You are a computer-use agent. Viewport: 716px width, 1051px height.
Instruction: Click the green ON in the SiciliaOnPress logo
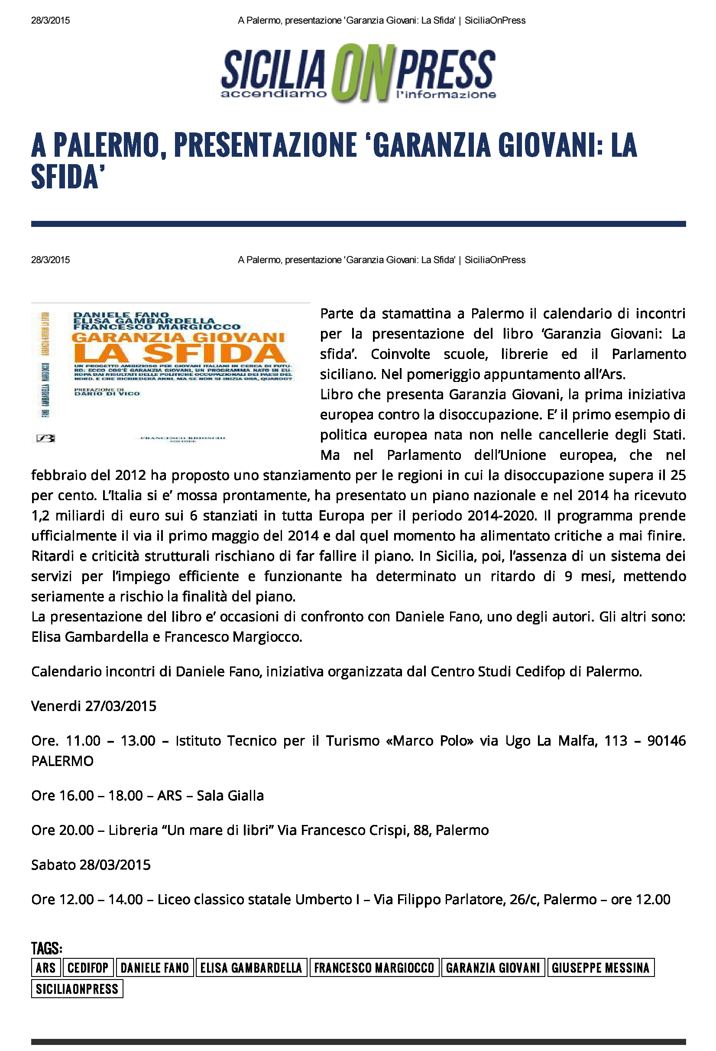(360, 72)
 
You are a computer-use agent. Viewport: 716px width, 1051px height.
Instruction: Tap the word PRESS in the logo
(446, 70)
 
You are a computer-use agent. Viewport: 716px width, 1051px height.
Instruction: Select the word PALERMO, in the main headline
(110, 145)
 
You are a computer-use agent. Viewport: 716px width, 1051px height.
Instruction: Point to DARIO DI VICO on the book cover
(107, 394)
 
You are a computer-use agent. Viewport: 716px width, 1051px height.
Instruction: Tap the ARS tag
(45, 967)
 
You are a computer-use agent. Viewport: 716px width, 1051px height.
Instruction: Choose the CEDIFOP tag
(88, 967)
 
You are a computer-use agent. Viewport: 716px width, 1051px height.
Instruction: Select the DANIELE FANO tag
(155, 967)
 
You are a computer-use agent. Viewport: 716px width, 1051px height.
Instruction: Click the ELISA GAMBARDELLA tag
(251, 967)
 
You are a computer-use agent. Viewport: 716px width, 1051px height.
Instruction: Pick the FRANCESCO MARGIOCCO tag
(374, 967)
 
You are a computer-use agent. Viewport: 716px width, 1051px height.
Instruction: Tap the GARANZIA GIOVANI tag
(492, 967)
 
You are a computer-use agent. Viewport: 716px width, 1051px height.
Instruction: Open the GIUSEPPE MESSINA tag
(600, 967)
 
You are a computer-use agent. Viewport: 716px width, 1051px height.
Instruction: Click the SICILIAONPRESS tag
(77, 989)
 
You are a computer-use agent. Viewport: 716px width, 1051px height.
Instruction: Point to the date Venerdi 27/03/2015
(94, 706)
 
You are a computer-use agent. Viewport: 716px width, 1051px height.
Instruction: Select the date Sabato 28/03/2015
(91, 865)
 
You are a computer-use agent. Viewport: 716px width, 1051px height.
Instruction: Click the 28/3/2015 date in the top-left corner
(50, 20)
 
